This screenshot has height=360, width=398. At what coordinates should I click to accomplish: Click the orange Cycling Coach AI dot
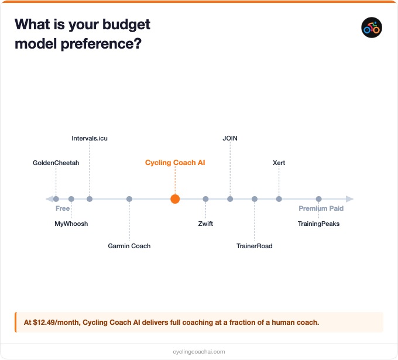coord(175,199)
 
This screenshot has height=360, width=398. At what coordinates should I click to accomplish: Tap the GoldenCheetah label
coord(56,163)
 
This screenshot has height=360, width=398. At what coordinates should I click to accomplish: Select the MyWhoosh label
coord(71,224)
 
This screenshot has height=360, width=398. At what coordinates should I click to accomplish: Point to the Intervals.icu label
coord(90,138)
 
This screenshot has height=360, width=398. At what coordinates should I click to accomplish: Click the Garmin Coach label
coord(129,246)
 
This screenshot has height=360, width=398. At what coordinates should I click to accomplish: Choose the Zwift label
coord(205,224)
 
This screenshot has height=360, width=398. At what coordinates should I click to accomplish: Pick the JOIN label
coord(230,138)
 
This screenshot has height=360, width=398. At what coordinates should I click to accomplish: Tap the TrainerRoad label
coord(255,246)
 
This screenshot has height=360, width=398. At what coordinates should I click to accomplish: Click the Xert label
coord(279,163)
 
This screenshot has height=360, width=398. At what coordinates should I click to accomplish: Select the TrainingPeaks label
coord(318,224)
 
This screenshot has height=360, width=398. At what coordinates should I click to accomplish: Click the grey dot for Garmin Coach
coord(129,199)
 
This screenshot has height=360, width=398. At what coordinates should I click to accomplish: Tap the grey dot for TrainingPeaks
coord(318,199)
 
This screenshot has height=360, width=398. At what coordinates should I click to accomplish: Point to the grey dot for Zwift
coord(205,199)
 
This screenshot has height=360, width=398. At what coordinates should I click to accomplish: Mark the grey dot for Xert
coord(279,199)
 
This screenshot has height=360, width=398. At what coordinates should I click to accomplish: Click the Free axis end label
coord(63,208)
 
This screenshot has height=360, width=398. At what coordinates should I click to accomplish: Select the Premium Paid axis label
coord(321,208)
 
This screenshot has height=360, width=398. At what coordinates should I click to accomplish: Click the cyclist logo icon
coord(372,28)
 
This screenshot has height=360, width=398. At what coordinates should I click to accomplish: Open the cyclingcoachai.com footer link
coord(199,352)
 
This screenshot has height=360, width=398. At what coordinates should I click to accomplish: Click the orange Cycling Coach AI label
coord(175,163)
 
